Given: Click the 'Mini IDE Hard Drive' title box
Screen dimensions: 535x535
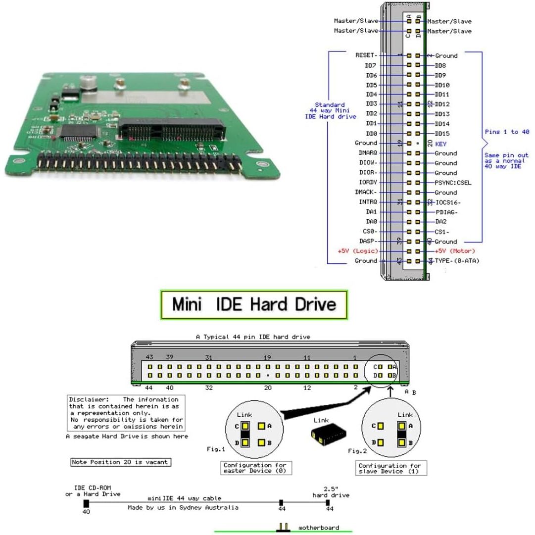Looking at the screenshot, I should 253,304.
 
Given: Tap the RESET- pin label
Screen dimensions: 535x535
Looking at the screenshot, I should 366,55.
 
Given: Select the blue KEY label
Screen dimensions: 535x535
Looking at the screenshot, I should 441,144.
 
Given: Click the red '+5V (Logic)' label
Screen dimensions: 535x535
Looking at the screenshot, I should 357,251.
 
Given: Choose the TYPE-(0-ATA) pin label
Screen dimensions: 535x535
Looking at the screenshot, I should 457,261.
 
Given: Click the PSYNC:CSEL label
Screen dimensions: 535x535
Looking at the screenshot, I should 452,183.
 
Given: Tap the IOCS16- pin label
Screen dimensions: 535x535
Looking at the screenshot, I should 452,202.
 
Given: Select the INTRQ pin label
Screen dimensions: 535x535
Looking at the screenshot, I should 368,202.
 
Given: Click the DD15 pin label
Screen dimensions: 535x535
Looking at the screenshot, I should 442,134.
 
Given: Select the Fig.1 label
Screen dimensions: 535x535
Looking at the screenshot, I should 216,449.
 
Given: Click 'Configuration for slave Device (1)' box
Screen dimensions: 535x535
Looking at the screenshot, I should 390,468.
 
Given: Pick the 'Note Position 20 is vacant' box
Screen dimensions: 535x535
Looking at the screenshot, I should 120,462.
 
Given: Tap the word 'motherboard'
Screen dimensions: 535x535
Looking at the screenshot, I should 319,528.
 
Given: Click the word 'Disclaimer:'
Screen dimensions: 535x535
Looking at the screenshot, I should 88,399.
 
